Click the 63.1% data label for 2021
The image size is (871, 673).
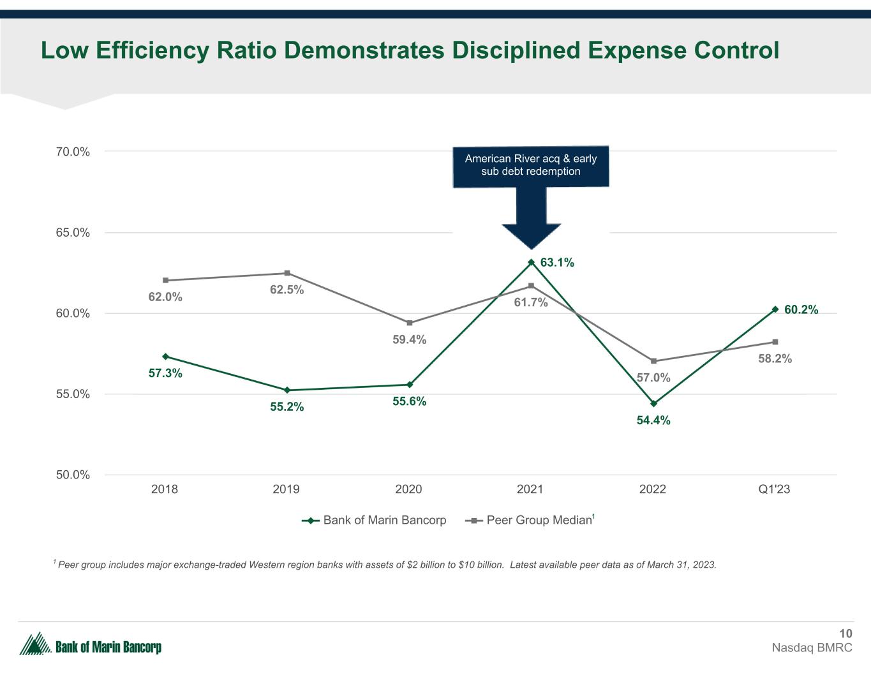(x=557, y=262)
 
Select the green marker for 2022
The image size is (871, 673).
(x=653, y=403)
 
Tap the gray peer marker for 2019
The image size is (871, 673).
(x=287, y=273)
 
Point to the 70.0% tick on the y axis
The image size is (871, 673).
(x=71, y=152)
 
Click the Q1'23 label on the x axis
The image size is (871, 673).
(x=774, y=489)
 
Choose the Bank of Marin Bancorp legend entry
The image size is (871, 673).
(x=374, y=520)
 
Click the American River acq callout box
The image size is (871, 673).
(x=530, y=166)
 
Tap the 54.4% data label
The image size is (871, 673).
(x=653, y=420)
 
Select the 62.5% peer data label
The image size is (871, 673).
(x=287, y=290)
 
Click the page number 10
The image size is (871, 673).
(x=845, y=633)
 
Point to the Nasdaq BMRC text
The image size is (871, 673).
(x=812, y=647)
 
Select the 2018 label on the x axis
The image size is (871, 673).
(x=165, y=489)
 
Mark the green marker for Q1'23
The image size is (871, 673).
(x=775, y=309)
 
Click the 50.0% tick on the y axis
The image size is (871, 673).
(x=71, y=475)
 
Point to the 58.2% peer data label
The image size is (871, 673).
(x=775, y=359)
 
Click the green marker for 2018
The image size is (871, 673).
(x=165, y=357)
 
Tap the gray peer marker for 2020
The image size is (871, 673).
(x=409, y=323)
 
